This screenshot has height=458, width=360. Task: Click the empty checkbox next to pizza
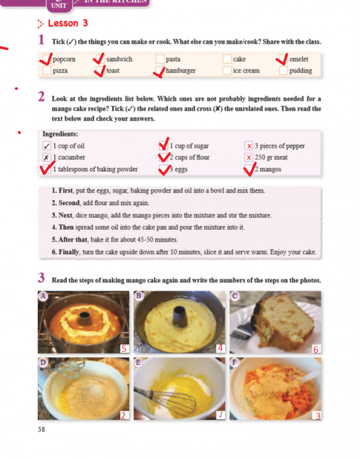47,71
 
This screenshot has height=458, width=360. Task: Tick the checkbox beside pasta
160,59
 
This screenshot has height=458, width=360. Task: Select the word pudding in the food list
301,71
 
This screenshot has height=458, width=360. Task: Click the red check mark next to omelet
282,59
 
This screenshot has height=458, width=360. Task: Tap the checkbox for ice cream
227,71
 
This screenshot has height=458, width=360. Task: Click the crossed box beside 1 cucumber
46,157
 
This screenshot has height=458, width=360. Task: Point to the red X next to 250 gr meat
249,157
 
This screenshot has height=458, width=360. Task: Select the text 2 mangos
268,169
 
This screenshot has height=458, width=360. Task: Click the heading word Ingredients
60,134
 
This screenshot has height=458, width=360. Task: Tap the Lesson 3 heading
68,23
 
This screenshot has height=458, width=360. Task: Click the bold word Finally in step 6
69,252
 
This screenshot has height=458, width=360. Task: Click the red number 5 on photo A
124,349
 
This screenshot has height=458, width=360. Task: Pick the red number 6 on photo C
316,349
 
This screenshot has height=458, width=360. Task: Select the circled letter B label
139,296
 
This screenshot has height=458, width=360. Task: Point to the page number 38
41,429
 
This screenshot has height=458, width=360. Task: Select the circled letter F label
235,363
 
